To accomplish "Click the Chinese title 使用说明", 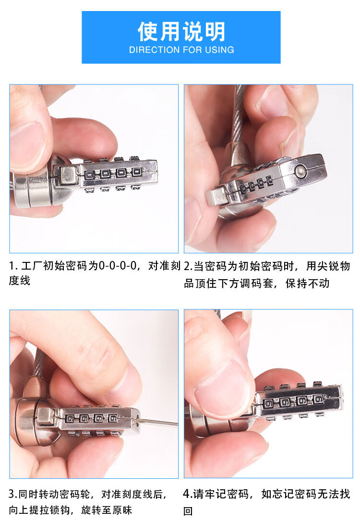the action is pos(181,31).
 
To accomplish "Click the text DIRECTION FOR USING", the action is pos(181,50).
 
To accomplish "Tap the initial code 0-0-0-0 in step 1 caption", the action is pos(118,265).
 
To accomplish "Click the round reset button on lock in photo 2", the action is pos(300,171).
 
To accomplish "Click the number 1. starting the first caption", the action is pos(13,266).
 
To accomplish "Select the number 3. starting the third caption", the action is pos(13,494).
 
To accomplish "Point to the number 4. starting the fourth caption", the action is pos(188,494).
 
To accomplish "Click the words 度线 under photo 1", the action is pos(19,281).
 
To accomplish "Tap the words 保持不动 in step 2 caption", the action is pos(307,283).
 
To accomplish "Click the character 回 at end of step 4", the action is pos(188,510).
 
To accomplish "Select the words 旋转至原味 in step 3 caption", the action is pos(107,510).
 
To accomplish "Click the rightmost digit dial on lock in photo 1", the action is pos(136,172).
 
